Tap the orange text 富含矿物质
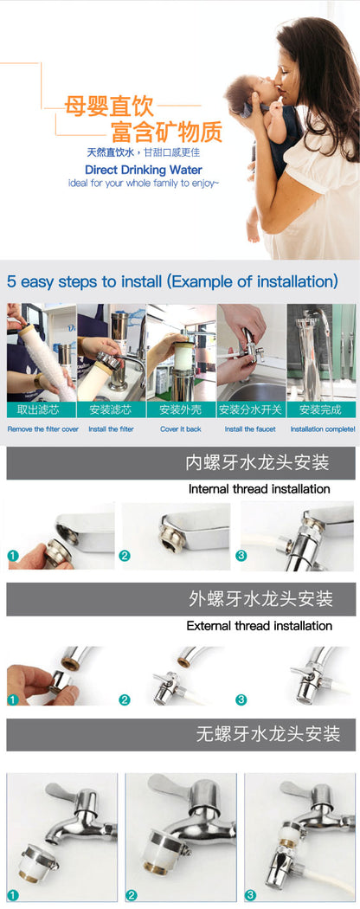coord(166,132)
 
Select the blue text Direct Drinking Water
coord(143,171)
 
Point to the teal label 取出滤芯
coord(42,409)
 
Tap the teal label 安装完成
coord(321,409)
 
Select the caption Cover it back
coord(181,429)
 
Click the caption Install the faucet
coord(250,429)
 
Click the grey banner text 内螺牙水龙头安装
coord(257,462)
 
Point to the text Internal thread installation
coord(259,489)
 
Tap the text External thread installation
coord(259,626)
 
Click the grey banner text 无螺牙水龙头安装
coord(267,734)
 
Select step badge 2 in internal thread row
coord(125,556)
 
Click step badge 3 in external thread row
coord(241,699)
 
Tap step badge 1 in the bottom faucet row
coord(13,895)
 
